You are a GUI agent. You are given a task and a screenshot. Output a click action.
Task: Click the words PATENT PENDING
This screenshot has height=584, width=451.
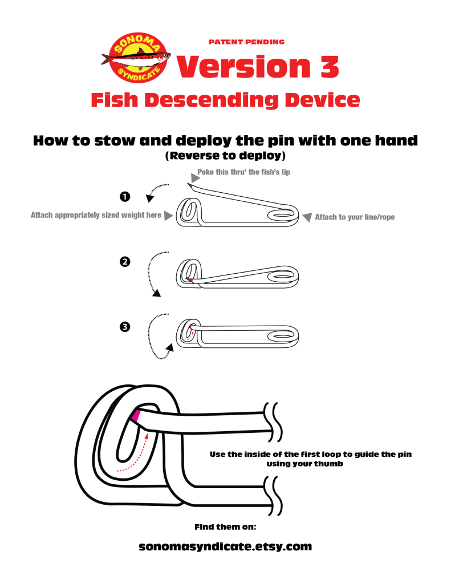click(246, 42)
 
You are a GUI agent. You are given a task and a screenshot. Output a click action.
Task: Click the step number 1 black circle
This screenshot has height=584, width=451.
click(124, 197)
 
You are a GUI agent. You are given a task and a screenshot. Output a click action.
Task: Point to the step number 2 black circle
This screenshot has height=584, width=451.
click(124, 262)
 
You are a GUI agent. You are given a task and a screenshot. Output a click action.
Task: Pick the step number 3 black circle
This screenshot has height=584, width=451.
click(124, 327)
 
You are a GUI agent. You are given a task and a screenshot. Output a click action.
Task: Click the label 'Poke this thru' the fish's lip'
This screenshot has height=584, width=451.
click(243, 172)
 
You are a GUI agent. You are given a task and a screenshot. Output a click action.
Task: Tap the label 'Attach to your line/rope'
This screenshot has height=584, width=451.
click(355, 217)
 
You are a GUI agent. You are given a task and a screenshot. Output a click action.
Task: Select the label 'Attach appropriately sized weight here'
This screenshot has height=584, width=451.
click(96, 216)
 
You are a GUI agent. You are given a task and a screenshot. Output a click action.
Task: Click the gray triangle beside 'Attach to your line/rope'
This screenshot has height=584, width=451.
click(307, 217)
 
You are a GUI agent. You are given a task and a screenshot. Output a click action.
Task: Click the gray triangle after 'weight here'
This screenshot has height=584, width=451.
click(168, 216)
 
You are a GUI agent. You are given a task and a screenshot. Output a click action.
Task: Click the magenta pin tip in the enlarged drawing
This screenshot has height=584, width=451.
click(136, 416)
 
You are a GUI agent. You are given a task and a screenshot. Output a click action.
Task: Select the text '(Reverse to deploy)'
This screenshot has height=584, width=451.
click(225, 155)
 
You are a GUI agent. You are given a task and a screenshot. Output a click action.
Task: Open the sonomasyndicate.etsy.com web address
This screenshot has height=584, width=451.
click(225, 546)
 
